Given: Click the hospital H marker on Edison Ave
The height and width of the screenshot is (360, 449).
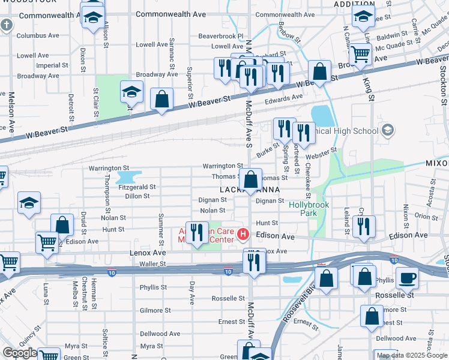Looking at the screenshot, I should click(x=243, y=233).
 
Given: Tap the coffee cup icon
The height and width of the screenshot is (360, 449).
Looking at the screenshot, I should click(x=408, y=278).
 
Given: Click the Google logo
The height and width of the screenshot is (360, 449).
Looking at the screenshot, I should click(x=20, y=353).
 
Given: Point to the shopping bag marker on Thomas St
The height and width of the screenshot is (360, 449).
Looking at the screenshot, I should click(x=250, y=178).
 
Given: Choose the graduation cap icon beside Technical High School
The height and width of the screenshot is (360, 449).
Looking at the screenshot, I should click(x=388, y=130).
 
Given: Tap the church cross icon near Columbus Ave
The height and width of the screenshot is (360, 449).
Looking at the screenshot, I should click(x=6, y=25).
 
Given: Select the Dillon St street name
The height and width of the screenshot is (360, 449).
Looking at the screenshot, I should click(x=137, y=196).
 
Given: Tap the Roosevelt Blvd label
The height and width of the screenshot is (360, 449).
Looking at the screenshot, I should click(x=296, y=308).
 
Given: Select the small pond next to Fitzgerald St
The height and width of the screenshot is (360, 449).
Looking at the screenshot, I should click(x=127, y=177).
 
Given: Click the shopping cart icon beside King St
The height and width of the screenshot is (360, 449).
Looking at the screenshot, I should click(x=360, y=54).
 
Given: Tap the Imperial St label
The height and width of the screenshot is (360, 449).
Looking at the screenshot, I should click(x=48, y=65).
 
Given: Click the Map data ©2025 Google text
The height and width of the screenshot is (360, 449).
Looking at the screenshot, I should click(x=412, y=355).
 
